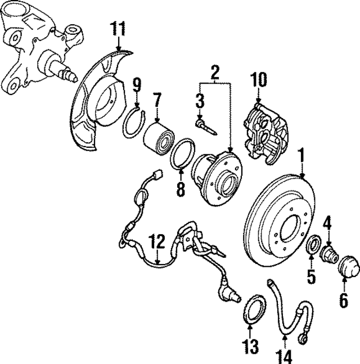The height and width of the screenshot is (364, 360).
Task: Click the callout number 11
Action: pyautogui.click(x=119, y=28)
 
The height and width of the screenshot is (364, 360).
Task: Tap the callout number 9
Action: pyautogui.click(x=137, y=85)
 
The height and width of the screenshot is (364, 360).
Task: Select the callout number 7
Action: pyautogui.click(x=157, y=101)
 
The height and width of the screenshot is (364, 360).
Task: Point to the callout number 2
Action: pyautogui.click(x=214, y=72)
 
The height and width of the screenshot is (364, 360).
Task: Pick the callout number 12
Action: pyautogui.click(x=157, y=243)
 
